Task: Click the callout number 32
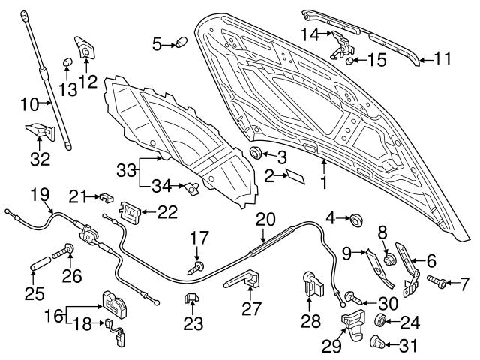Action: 40,158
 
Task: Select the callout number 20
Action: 265,218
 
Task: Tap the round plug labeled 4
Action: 355,220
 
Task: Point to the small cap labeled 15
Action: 350,60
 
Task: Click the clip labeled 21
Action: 105,198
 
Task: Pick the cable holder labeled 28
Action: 310,283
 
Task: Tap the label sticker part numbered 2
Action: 295,178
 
